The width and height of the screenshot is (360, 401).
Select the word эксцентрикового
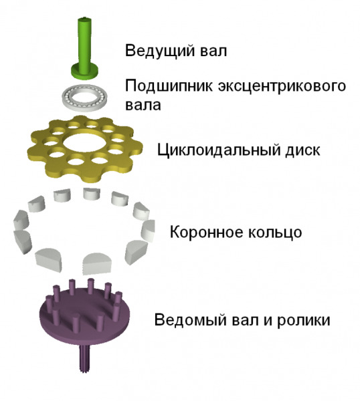click(282, 86)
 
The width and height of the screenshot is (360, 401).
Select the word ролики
click(303, 320)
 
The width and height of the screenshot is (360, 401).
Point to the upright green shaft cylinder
click(85, 43)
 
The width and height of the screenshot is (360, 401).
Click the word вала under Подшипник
click(143, 106)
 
